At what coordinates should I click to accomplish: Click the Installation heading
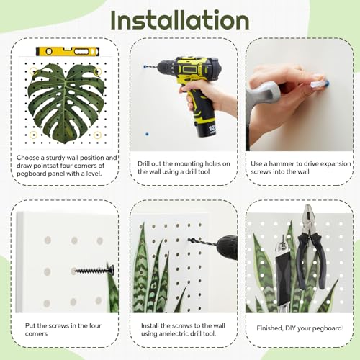point(180,20)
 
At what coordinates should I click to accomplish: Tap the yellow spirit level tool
point(68,51)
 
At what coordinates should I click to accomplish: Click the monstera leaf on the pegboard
point(66,103)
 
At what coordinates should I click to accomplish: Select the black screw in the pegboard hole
point(94,270)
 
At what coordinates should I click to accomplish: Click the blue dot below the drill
point(147,134)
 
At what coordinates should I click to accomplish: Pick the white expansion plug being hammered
point(317,84)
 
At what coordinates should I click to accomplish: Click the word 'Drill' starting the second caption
point(143,164)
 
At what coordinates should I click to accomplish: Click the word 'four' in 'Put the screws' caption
point(95,325)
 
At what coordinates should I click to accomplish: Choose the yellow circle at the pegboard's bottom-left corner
point(33,135)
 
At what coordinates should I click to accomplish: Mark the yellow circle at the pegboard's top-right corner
point(98,71)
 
